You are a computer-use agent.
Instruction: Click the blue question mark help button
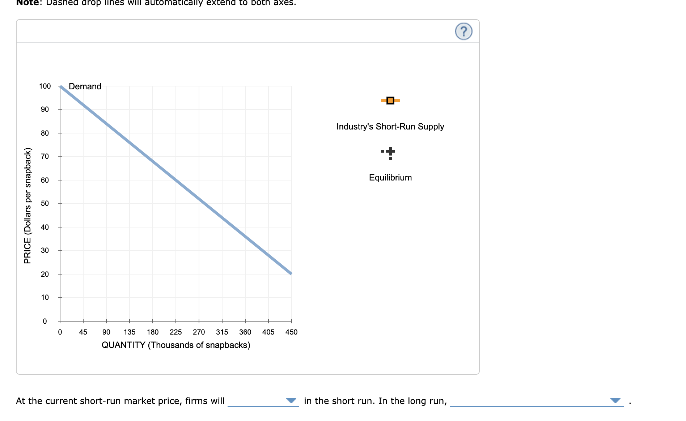[463, 31]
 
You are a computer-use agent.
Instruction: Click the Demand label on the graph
[85, 86]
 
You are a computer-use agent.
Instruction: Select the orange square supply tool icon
[390, 101]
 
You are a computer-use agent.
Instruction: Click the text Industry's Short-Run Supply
[390, 127]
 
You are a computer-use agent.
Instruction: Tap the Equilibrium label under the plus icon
[390, 178]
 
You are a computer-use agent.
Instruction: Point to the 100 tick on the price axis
[45, 86]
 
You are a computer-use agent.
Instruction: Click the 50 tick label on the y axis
[45, 203]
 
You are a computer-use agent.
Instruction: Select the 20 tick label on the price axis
[45, 274]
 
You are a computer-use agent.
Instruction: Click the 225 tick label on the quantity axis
[176, 332]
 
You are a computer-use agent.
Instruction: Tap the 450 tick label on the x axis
[291, 332]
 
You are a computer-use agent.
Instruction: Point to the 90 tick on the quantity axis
[106, 332]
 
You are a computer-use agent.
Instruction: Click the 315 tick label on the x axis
[222, 332]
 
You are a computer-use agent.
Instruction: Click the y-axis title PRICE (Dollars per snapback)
[27, 205]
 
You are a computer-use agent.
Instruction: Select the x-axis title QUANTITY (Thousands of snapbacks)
[176, 345]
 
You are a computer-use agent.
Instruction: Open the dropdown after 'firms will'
[263, 401]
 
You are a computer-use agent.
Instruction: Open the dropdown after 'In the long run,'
[536, 401]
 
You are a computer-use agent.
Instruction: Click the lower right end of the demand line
[291, 273]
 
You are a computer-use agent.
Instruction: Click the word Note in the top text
[27, 3]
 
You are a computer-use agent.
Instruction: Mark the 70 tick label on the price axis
[45, 156]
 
